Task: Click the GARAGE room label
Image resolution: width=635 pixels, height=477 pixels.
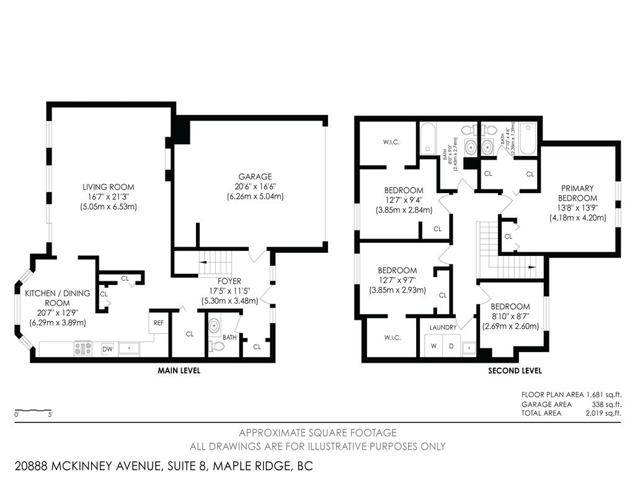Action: pos(255,176)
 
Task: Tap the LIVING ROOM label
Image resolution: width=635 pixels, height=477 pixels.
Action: pos(109,187)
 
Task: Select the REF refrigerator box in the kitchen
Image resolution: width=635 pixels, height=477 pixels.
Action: pos(159,323)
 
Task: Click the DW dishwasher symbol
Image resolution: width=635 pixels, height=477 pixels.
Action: pos(107,349)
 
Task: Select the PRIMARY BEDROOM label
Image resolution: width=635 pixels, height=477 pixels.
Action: pos(577,193)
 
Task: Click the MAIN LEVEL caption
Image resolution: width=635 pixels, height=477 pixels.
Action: pos(179,371)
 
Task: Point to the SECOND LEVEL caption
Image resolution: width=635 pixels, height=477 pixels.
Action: pos(515,371)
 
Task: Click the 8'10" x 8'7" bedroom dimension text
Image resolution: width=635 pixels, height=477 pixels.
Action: pos(510,317)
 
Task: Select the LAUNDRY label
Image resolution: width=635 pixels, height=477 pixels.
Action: pos(442,327)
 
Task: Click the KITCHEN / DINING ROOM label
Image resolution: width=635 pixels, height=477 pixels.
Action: pos(57,298)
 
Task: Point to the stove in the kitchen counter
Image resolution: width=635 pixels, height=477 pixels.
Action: pos(83,348)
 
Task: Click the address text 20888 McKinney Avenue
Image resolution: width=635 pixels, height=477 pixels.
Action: pos(93,466)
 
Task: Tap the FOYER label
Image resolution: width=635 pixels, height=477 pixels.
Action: pos(229,281)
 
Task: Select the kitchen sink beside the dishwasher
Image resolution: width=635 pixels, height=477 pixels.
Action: pos(129,348)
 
